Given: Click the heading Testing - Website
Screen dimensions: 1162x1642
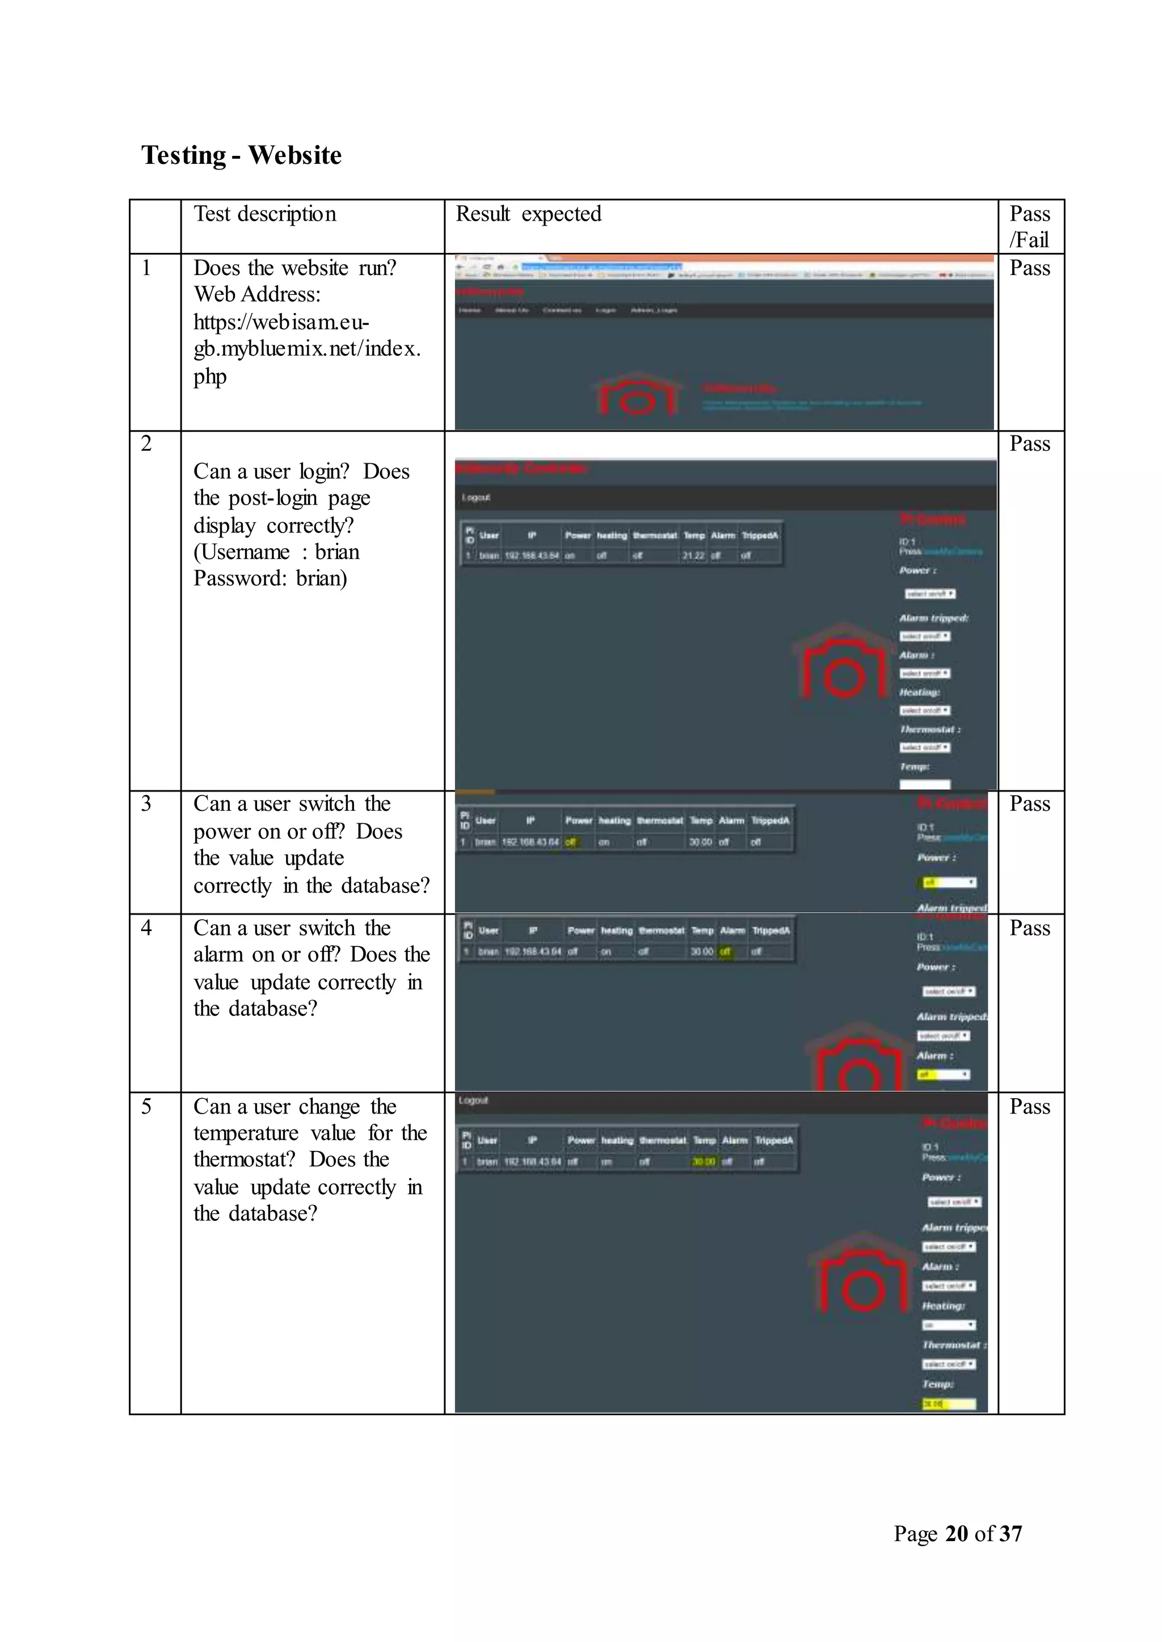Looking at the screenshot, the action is click(241, 155).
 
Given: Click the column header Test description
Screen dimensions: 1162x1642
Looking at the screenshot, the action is click(265, 214).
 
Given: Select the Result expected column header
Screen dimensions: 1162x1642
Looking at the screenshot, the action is click(528, 214).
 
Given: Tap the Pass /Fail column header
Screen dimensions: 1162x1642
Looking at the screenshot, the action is click(1030, 226).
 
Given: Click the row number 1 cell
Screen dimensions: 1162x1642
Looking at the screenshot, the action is click(147, 268).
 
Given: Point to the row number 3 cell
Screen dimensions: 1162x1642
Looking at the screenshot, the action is click(147, 804).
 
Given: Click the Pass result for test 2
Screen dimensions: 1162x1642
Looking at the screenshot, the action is click(1030, 444).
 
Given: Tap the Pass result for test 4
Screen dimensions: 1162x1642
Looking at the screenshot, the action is click(1030, 928).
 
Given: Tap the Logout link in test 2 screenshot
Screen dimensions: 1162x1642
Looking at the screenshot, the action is click(476, 498).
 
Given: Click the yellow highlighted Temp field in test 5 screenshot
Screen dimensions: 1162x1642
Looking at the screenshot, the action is click(948, 1404).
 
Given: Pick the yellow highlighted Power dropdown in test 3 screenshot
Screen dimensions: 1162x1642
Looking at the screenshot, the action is click(946, 882).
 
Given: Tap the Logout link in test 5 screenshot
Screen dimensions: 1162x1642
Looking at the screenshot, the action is click(473, 1101).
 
